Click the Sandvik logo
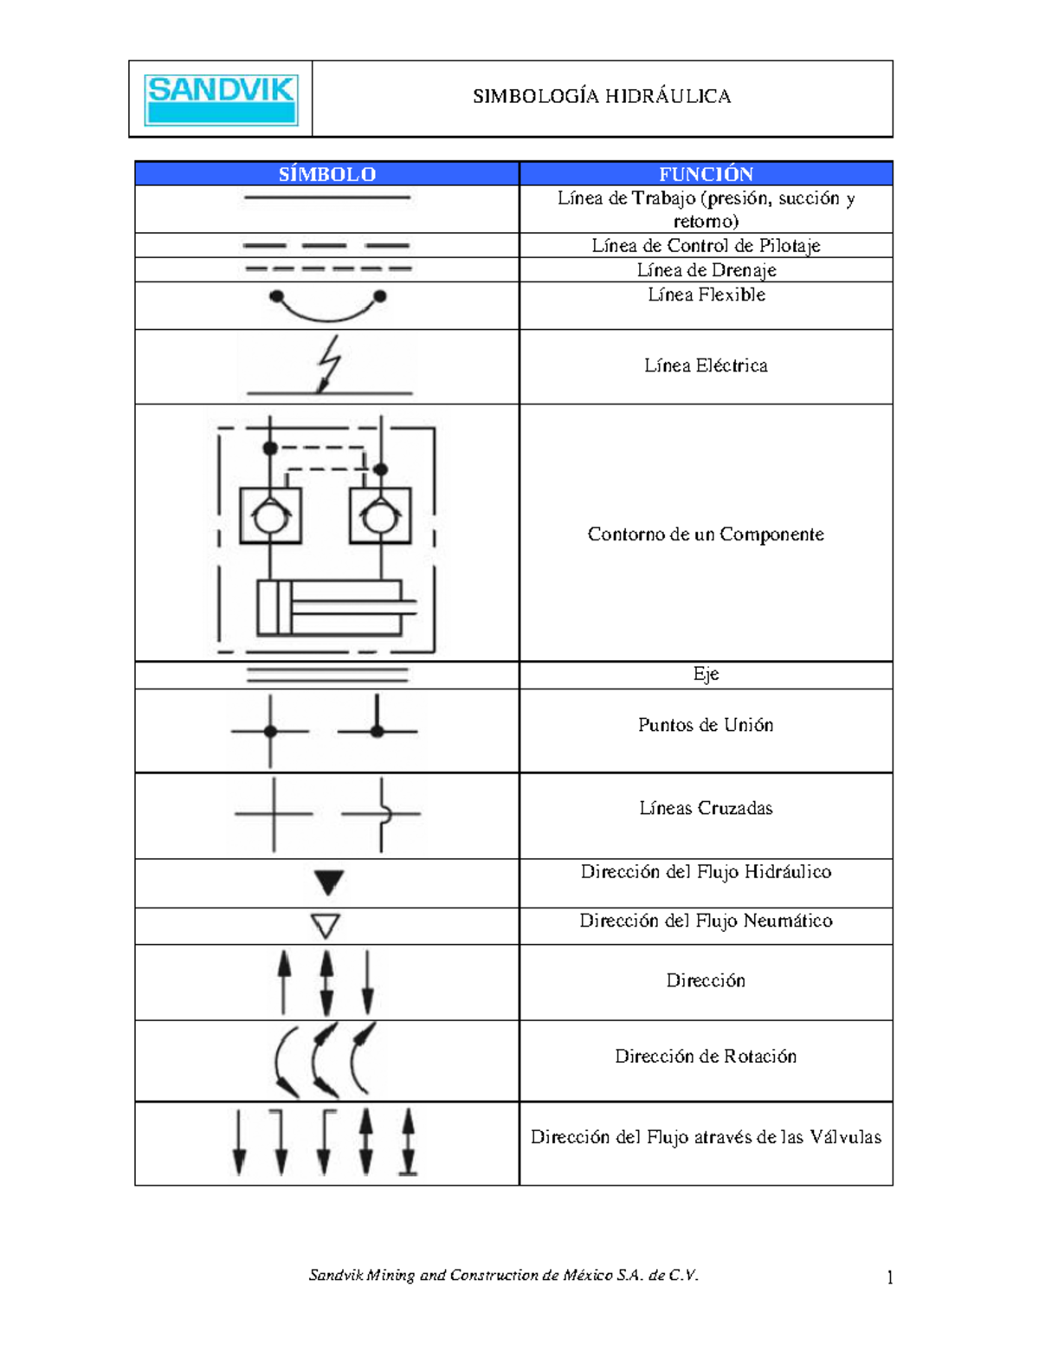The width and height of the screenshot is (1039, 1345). tap(221, 100)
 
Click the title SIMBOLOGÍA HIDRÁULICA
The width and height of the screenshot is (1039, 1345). tap(602, 96)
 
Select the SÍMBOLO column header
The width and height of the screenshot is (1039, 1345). tap(326, 174)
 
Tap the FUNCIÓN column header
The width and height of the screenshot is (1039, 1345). tap(706, 174)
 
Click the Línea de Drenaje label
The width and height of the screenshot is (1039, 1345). tap(706, 270)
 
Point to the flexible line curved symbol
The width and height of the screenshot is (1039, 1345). tap(327, 306)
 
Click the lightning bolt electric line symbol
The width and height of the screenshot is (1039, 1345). tap(329, 365)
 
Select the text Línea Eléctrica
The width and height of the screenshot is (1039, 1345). tap(706, 365)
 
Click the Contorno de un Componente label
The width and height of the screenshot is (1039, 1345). tap(706, 533)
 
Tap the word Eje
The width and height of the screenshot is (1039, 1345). tap(706, 674)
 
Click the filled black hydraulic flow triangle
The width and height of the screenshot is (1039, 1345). tap(329, 883)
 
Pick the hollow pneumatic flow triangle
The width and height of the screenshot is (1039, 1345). tap(326, 926)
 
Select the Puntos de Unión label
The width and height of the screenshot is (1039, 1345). tap(706, 725)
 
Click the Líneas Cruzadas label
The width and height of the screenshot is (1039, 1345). tap(706, 808)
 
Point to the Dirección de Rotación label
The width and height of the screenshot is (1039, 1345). tap(706, 1056)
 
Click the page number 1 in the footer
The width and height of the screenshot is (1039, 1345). tap(890, 1277)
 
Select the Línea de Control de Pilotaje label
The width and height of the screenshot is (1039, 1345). tap(706, 246)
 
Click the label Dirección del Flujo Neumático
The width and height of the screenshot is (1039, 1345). tap(706, 921)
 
